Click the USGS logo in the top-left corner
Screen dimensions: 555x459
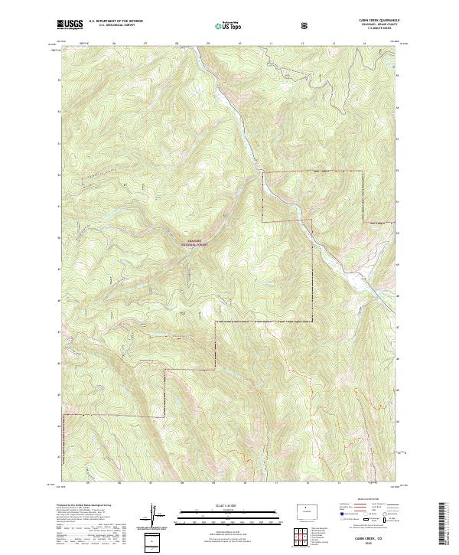[70, 25]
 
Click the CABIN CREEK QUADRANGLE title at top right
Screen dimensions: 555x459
[375, 21]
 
